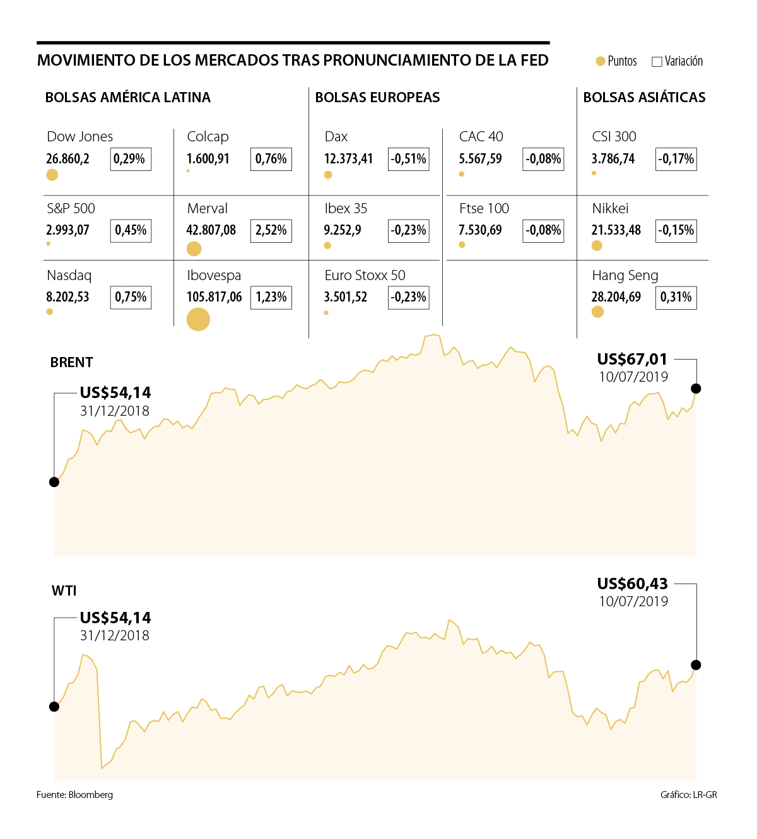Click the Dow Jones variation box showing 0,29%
pyautogui.click(x=131, y=159)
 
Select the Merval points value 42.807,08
pyautogui.click(x=211, y=230)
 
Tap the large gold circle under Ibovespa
pyautogui.click(x=198, y=319)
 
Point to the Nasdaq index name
pyautogui.click(x=69, y=276)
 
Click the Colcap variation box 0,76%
pyautogui.click(x=271, y=159)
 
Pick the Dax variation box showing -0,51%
pyautogui.click(x=408, y=159)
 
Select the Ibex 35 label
pyautogui.click(x=346, y=209)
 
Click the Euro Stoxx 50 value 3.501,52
pyautogui.click(x=345, y=297)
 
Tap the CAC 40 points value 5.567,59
pyautogui.click(x=480, y=159)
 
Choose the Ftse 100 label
pyautogui.click(x=484, y=209)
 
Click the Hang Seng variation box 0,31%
pyautogui.click(x=676, y=297)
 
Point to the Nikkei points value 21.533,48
pyautogui.click(x=616, y=230)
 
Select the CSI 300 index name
pyautogui.click(x=614, y=137)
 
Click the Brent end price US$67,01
pyautogui.click(x=632, y=360)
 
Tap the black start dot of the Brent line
pyautogui.click(x=54, y=482)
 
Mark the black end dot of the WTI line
pyautogui.click(x=696, y=665)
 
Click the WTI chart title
pyautogui.click(x=64, y=591)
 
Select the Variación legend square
pyautogui.click(x=657, y=62)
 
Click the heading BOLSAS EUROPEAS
pyautogui.click(x=377, y=98)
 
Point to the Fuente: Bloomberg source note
pyautogui.click(x=74, y=795)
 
